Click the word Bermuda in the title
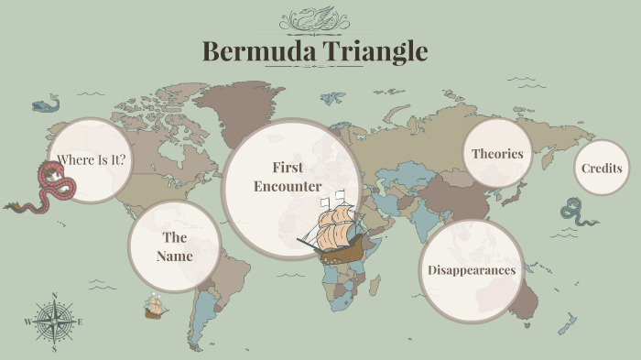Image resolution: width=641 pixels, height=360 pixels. [258, 50]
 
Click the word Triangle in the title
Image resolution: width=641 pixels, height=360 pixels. [375, 51]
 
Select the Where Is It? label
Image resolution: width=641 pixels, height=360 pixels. [91, 161]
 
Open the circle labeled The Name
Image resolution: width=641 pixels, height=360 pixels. [174, 247]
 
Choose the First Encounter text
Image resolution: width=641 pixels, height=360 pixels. [288, 177]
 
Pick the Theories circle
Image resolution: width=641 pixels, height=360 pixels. [497, 154]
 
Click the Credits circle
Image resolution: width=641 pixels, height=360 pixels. [602, 169]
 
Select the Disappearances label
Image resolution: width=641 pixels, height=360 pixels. [472, 270]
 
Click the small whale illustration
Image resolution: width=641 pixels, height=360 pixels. [44, 105]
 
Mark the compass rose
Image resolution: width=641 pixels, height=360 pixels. [54, 322]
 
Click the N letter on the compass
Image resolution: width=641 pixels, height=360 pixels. [54, 296]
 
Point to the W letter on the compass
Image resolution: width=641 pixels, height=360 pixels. [27, 322]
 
